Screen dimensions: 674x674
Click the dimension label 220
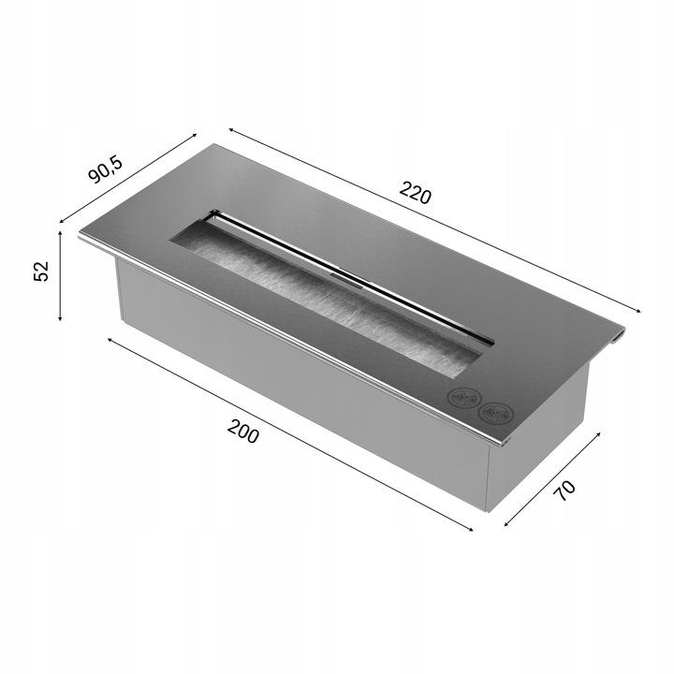click(415, 196)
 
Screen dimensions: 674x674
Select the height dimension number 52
click(40, 271)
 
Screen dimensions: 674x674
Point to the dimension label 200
click(242, 432)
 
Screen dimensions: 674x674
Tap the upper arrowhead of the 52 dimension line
click(60, 234)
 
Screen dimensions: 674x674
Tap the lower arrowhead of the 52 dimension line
click(60, 317)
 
